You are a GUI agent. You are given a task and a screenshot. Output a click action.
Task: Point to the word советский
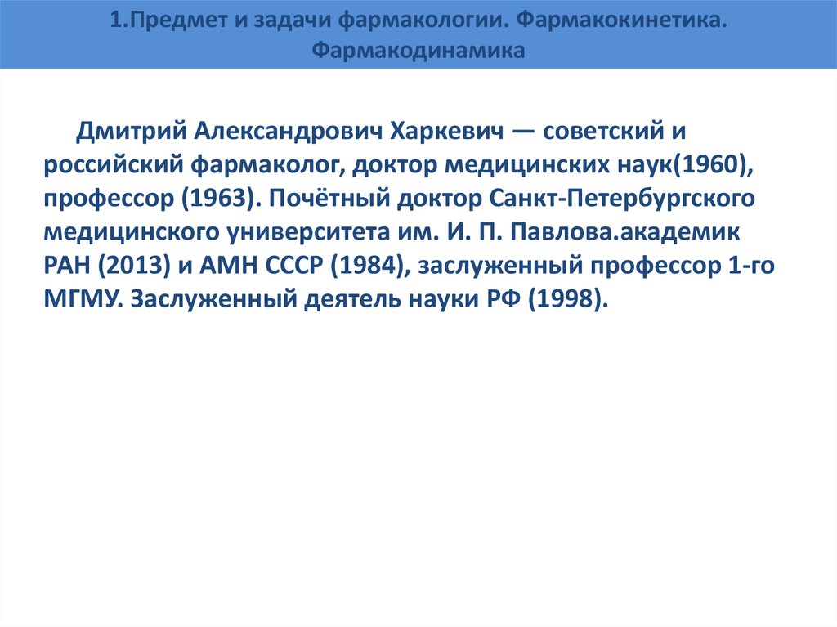pos(608,132)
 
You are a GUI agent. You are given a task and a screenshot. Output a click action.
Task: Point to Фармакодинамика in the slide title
pos(418,51)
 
